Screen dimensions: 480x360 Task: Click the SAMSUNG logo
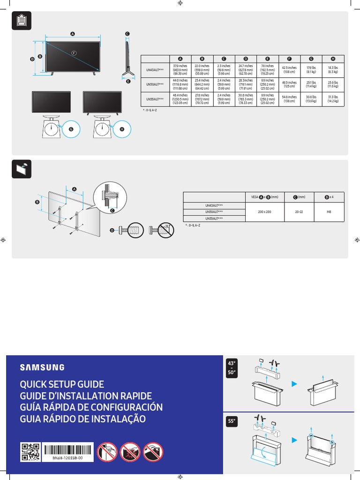[42, 367]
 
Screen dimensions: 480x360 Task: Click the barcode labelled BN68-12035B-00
[67, 450]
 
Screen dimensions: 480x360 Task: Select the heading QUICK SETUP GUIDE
[61, 384]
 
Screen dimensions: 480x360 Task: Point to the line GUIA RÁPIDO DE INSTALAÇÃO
[82, 419]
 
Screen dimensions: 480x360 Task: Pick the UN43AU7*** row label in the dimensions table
[155, 70]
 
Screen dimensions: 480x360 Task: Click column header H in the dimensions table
[332, 59]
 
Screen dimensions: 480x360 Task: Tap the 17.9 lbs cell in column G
[311, 70]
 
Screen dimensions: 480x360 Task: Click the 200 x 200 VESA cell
[264, 212]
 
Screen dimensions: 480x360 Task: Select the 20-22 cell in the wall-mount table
[299, 212]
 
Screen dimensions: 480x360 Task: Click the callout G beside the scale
[71, 129]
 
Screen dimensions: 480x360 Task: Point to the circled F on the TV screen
[74, 52]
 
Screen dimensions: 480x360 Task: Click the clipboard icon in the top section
[21, 21]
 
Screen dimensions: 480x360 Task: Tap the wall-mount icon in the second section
[21, 169]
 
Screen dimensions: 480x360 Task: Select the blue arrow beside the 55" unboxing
[295, 440]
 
